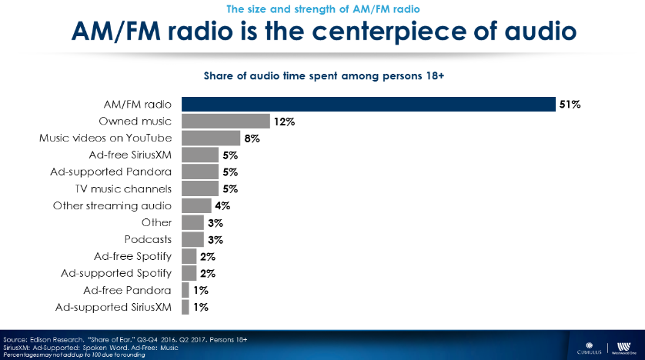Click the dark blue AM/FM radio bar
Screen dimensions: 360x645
pyautogui.click(x=368, y=105)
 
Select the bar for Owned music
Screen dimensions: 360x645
pyautogui.click(x=226, y=122)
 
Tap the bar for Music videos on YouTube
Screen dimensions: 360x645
pyautogui.click(x=211, y=138)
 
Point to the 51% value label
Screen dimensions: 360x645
pyautogui.click(x=570, y=105)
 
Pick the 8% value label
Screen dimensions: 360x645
pyautogui.click(x=252, y=138)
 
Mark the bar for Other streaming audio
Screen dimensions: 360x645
pyautogui.click(x=196, y=205)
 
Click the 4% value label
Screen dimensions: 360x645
pyautogui.click(x=222, y=205)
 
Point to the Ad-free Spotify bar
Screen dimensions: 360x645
pyautogui.click(x=189, y=256)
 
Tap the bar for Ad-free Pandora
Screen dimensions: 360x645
pyautogui.click(x=185, y=290)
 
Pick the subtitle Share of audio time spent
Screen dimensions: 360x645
pyautogui.click(x=323, y=76)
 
